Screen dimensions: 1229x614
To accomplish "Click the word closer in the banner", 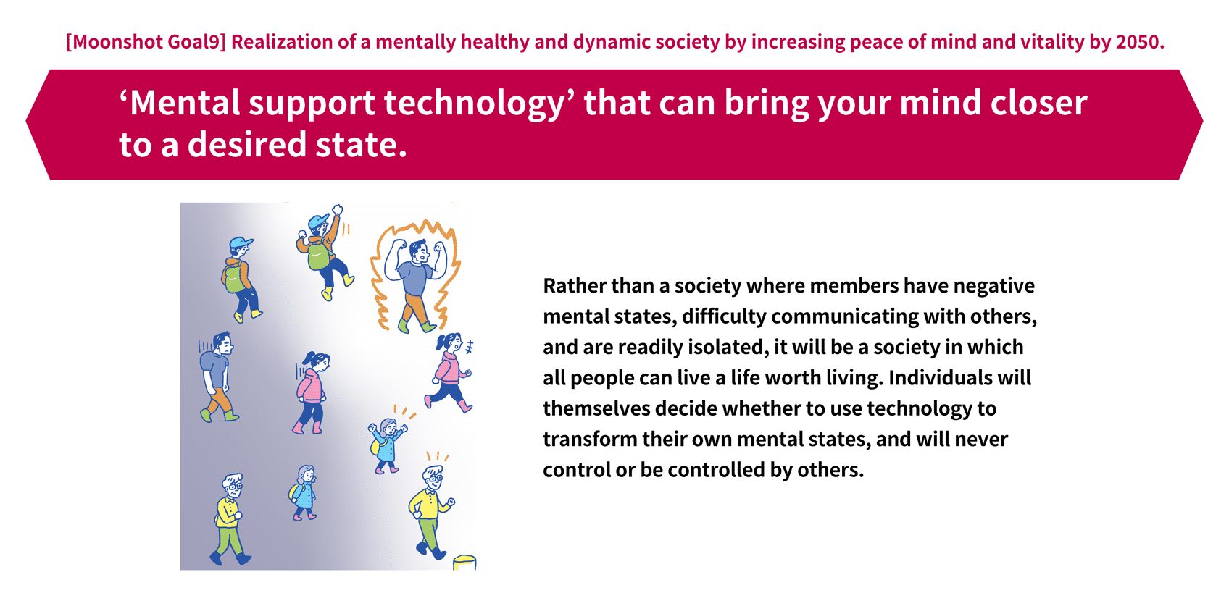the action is pyautogui.click(x=1038, y=103).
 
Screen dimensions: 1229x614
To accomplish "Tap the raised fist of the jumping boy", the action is pyautogui.click(x=338, y=209).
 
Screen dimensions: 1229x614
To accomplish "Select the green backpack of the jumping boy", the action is pyautogui.click(x=319, y=256).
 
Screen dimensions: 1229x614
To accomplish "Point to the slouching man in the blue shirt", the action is pyautogui.click(x=218, y=377).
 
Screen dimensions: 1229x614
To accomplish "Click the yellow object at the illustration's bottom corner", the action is pyautogui.click(x=464, y=563).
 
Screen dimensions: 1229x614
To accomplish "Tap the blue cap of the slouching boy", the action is pyautogui.click(x=241, y=243).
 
